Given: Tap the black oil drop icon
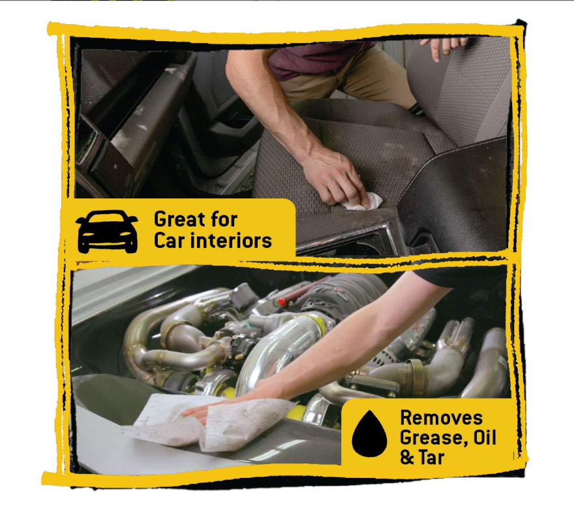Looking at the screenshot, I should coord(369,434).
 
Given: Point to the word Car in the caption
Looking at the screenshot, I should coord(168,240).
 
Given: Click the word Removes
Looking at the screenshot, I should coord(441,418).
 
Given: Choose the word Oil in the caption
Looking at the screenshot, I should coord(484,437).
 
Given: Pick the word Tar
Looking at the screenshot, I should coord(432,458).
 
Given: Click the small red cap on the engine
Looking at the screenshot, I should coord(282,302).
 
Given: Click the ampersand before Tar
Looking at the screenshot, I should coord(407,458).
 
